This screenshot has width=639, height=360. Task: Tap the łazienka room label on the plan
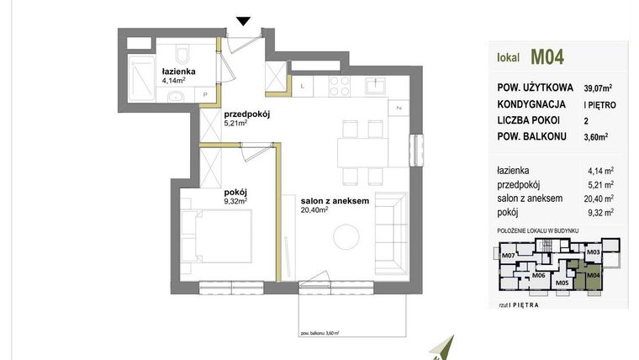pos(178,71)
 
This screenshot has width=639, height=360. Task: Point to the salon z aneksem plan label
pos(335,201)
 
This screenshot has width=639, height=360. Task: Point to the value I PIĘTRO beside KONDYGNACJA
pos(597,103)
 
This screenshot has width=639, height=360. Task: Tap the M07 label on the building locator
pos(507,255)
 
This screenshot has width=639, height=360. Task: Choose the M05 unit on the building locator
pos(562,283)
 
